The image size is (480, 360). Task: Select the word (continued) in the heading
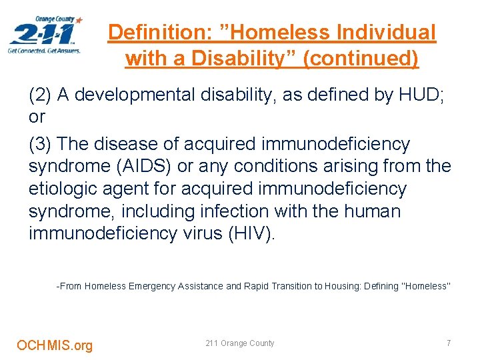(361, 59)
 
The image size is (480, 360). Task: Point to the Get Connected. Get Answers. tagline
(44, 50)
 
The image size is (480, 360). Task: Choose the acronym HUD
(420, 95)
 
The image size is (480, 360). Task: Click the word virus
(213, 234)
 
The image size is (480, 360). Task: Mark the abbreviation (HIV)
(260, 234)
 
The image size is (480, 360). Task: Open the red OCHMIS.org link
(55, 345)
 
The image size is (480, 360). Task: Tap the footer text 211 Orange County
(240, 343)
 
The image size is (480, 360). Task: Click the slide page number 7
(449, 343)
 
